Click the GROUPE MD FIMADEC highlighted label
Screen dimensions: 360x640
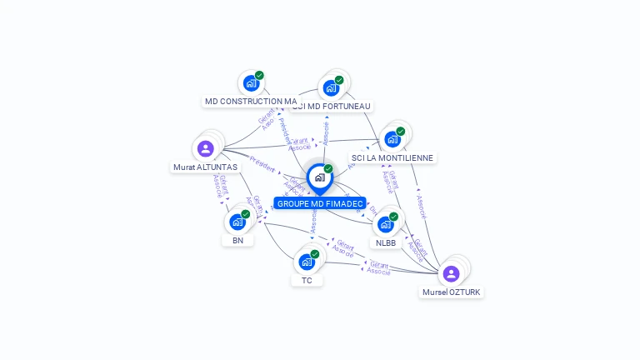point(320,203)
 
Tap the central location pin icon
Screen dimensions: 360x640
point(319,177)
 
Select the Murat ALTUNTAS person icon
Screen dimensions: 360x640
point(206,149)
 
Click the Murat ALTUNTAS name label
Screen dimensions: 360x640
point(205,167)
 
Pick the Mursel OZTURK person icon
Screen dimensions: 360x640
point(451,274)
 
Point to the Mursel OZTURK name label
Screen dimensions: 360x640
point(452,292)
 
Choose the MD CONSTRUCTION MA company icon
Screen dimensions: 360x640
point(251,83)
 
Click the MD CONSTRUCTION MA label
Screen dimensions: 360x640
point(251,102)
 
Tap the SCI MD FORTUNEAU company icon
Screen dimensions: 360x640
point(332,87)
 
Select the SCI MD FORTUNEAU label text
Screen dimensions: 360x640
point(332,106)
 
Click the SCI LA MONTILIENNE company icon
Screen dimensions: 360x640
point(392,139)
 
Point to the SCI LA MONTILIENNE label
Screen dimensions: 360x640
point(393,157)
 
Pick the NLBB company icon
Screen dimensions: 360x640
point(386,224)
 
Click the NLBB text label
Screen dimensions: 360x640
point(386,242)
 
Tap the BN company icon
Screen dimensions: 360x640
point(237,222)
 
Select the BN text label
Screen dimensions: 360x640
point(237,240)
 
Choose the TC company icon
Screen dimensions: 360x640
point(307,262)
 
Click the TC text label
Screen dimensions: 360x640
point(307,281)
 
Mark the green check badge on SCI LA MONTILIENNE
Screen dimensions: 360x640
point(400,132)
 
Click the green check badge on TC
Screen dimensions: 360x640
point(314,254)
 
